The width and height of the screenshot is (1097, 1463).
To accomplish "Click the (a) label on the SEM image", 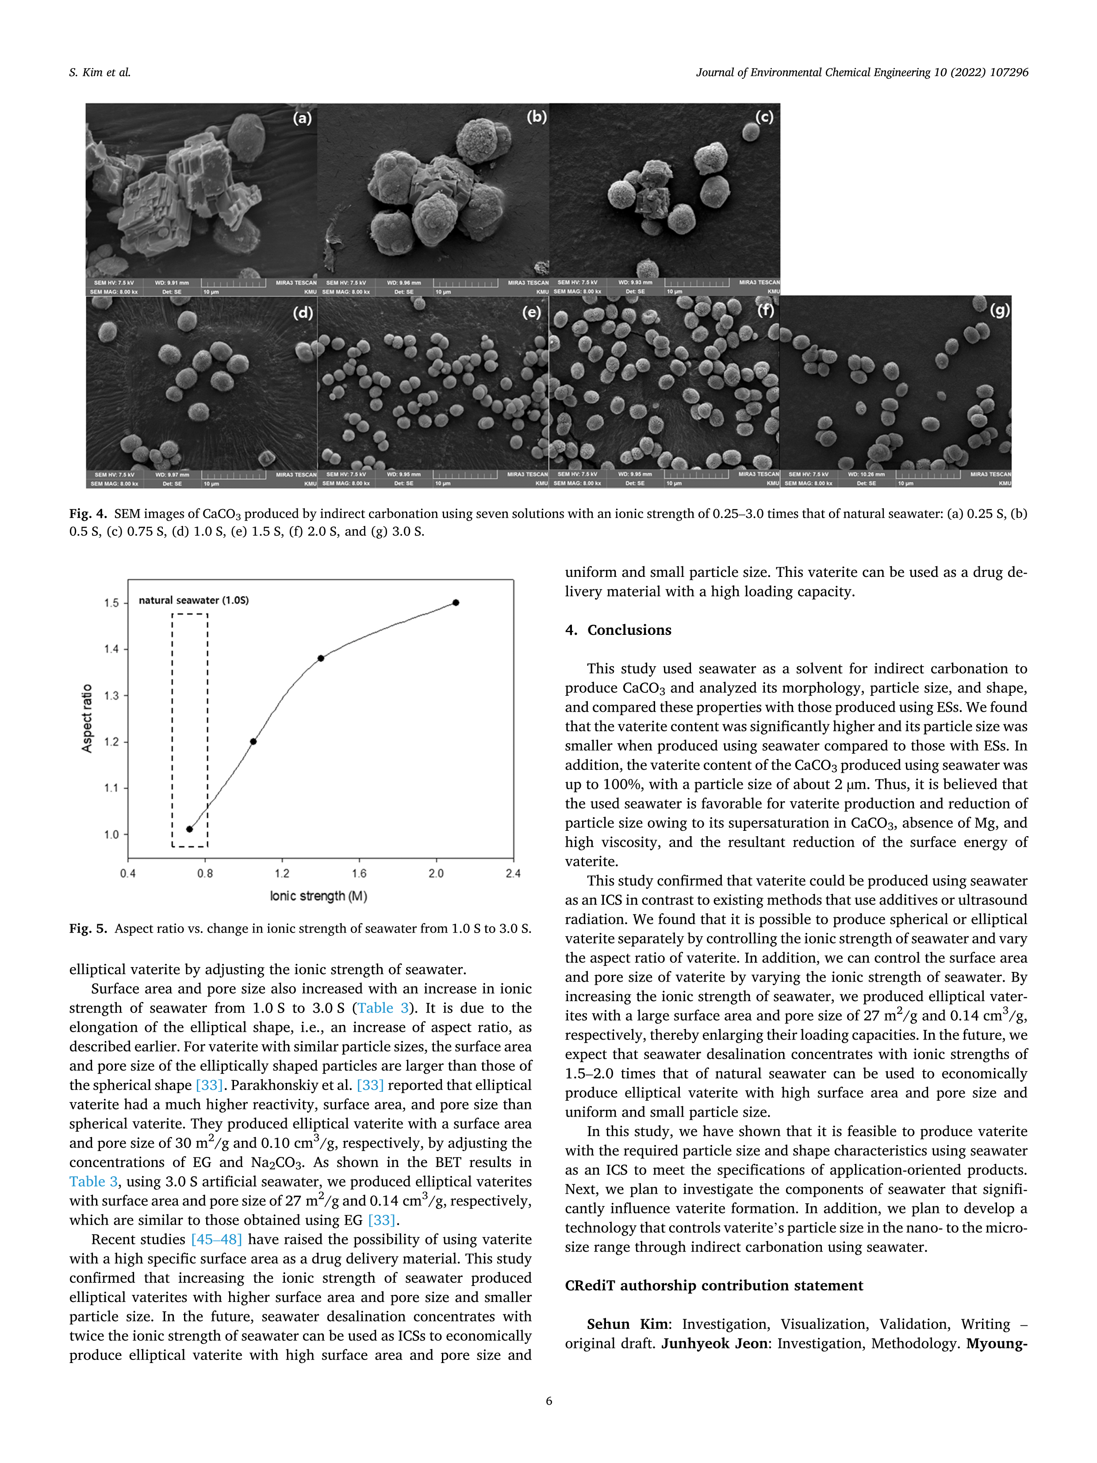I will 302,119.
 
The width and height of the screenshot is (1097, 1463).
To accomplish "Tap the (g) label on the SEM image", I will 999,310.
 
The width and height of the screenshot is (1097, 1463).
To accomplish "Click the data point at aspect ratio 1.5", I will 456,603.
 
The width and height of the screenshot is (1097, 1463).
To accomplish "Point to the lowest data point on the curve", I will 190,829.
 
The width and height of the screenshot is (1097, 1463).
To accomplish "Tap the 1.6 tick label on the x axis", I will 359,874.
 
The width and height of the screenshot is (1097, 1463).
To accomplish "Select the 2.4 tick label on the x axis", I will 513,874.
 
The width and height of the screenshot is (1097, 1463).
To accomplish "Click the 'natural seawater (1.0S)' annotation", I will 194,600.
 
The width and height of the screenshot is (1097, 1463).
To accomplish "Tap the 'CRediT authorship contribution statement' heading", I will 713,1286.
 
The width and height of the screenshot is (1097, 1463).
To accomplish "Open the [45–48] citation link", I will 216,1240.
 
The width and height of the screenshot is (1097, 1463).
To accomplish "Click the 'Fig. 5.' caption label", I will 88,929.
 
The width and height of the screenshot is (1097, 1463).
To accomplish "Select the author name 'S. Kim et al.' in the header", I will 100,73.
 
